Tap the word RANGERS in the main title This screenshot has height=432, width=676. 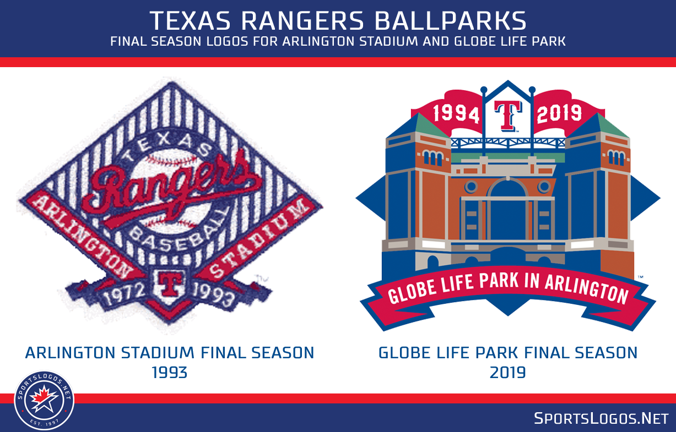coord(301,20)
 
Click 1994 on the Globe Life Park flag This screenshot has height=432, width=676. coord(456,113)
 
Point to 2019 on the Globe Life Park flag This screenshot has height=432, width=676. coord(559,113)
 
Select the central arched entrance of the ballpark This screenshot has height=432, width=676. coord(507,209)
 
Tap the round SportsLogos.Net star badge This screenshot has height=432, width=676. coord(44,400)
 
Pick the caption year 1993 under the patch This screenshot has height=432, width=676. coord(170,373)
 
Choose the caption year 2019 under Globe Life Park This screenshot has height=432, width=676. coord(507,373)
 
